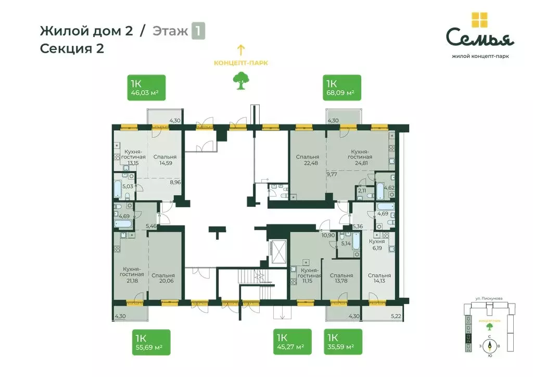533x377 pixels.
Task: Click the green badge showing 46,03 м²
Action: click(146, 87)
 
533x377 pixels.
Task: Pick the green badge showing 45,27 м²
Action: click(292, 342)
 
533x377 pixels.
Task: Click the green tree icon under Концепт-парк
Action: click(240, 81)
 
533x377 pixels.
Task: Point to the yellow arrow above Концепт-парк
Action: click(240, 50)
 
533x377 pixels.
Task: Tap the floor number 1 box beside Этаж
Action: click(198, 31)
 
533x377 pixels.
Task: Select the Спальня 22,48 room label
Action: click(308, 160)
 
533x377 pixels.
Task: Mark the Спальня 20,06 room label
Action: click(164, 279)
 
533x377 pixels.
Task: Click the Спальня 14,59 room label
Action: click(164, 160)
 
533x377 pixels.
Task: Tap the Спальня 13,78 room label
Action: click(341, 279)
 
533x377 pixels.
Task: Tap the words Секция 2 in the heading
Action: click(72, 49)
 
